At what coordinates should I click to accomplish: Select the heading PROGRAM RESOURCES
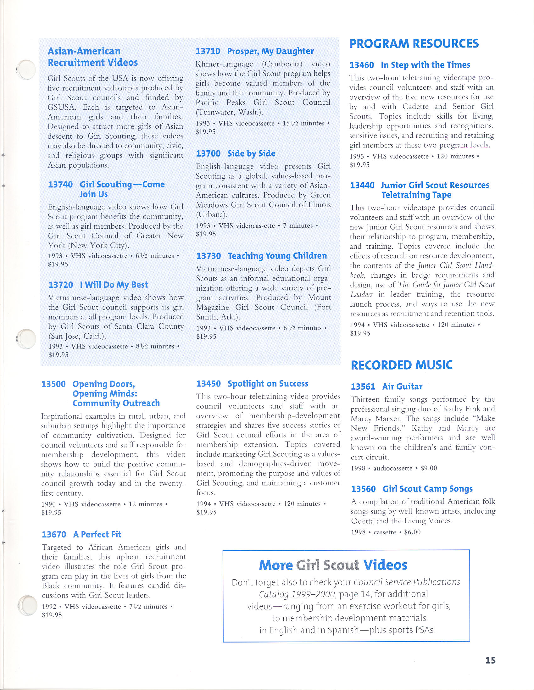[x=414, y=44]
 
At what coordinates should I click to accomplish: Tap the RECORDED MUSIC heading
[x=402, y=365]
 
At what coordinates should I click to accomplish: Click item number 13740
[x=60, y=185]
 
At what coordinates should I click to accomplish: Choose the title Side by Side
[x=251, y=153]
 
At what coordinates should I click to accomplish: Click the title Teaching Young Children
[x=277, y=256]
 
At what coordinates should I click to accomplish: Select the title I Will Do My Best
[x=114, y=285]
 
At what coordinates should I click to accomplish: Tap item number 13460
[x=361, y=65]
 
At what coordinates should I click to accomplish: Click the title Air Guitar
[x=402, y=387]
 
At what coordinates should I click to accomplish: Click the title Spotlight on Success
[x=268, y=384]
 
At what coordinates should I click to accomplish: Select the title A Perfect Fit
[x=97, y=534]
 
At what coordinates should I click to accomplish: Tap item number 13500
[x=53, y=384]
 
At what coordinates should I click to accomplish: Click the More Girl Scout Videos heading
[x=333, y=565]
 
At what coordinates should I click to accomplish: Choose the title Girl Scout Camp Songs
[x=427, y=489]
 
